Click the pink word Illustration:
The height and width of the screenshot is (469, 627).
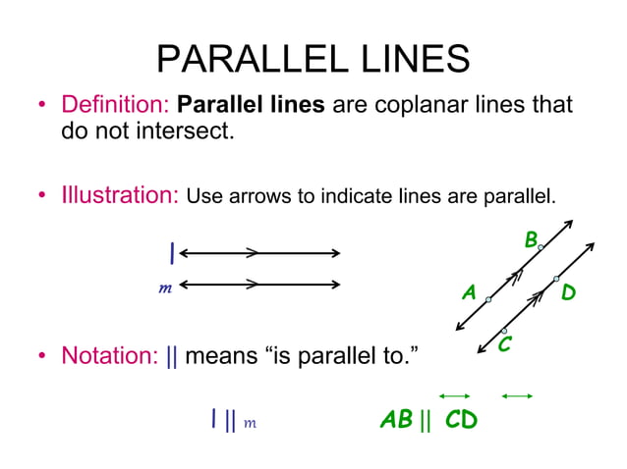[119, 194]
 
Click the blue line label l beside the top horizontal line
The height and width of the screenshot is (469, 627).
[172, 254]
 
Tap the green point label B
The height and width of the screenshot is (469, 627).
[531, 238]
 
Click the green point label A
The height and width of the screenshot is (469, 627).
[469, 292]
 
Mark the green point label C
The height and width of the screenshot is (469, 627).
[504, 345]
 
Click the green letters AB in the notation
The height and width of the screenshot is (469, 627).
[396, 421]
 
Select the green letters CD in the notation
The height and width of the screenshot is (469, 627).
[460, 421]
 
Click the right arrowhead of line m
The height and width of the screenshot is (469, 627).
[336, 286]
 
